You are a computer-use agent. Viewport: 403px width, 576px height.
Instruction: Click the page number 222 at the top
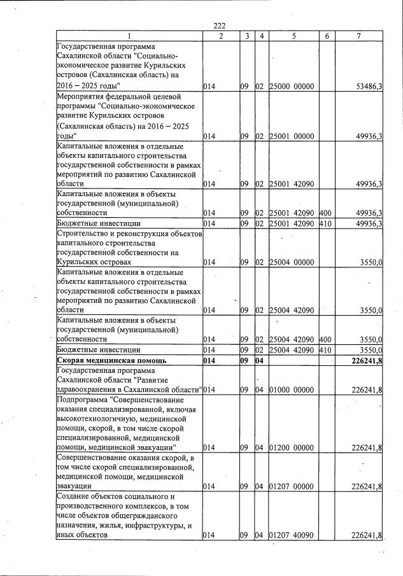[x=220, y=25]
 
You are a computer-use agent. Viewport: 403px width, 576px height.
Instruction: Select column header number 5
[x=294, y=36]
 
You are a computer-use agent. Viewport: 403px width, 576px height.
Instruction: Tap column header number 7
[x=359, y=36]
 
